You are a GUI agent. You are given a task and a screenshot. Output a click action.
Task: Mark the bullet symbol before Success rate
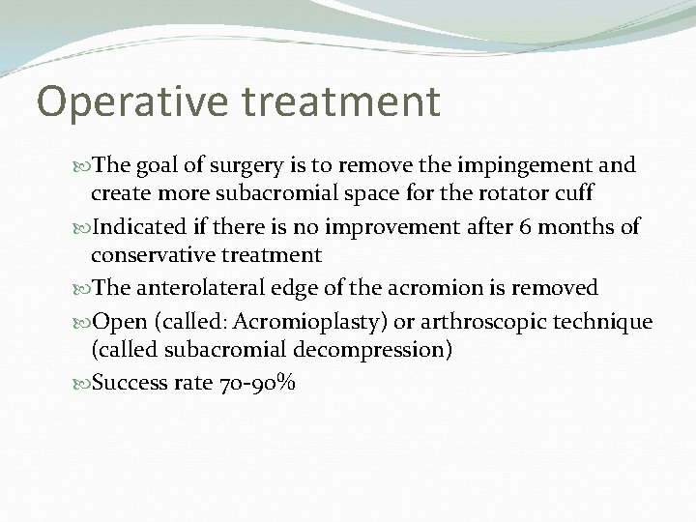(x=82, y=383)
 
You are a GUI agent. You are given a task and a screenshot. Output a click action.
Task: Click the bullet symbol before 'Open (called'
(x=82, y=321)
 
